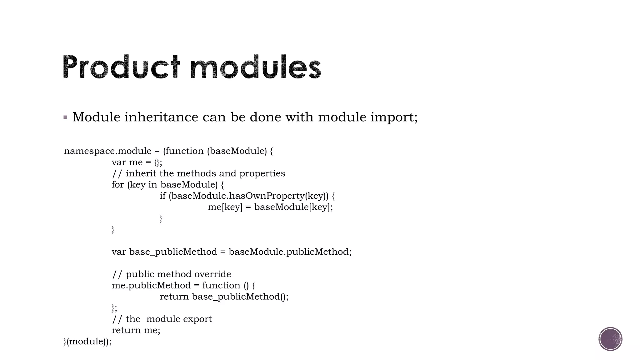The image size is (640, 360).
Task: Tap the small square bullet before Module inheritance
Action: click(65, 117)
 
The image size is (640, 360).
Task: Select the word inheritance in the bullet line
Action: click(161, 117)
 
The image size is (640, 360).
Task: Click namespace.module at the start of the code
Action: click(107, 151)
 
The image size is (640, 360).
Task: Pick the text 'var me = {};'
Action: click(137, 162)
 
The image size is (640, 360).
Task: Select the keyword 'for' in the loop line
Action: click(118, 185)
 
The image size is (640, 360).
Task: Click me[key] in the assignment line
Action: click(225, 207)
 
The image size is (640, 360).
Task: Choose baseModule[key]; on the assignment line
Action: click(293, 207)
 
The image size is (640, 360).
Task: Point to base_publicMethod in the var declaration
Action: click(173, 252)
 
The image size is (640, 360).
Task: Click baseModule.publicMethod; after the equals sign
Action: click(290, 252)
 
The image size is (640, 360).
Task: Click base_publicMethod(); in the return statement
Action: click(240, 297)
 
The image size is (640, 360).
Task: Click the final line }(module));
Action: click(87, 342)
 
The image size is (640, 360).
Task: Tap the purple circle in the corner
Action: click(610, 339)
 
